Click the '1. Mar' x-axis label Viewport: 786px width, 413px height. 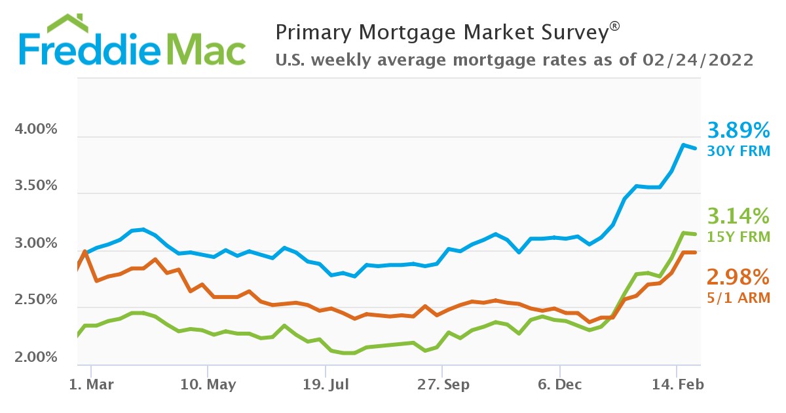[x=92, y=384]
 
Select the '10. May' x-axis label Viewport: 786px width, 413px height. [x=208, y=384]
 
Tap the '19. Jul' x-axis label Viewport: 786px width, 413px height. [x=324, y=384]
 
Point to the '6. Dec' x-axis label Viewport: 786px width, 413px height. [x=559, y=384]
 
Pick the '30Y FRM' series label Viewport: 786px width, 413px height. [x=739, y=151]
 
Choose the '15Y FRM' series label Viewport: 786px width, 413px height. [x=739, y=236]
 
